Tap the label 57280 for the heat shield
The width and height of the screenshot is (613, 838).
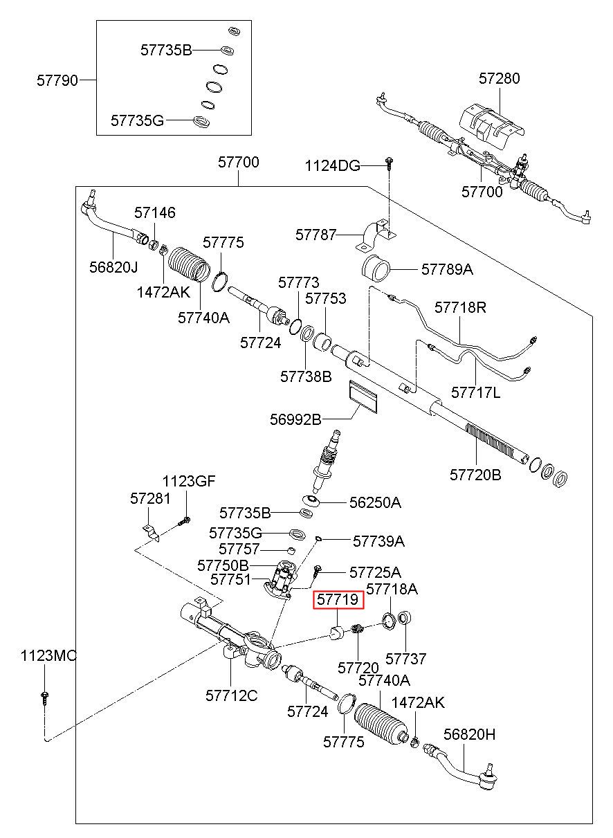[500, 78]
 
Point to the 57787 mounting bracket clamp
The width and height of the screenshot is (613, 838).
[375, 236]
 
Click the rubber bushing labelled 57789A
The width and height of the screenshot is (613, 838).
[376, 269]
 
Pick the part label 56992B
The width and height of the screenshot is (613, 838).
[295, 419]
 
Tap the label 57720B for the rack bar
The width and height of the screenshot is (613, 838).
[475, 475]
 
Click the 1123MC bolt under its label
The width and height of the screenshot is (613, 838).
[44, 706]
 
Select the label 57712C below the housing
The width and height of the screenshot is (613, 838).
[232, 695]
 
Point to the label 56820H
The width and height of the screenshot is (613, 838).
[469, 734]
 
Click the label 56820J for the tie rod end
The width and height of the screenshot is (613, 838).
[113, 267]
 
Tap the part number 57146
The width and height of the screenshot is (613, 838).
[155, 212]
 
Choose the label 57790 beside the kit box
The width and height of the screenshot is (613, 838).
[57, 80]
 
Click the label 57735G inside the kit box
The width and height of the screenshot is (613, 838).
[137, 120]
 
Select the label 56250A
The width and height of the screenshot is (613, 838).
[375, 503]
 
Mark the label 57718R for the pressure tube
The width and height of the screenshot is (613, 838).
[460, 307]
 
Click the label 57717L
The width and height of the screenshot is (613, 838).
[475, 393]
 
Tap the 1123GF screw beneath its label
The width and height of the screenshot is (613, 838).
[185, 520]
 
